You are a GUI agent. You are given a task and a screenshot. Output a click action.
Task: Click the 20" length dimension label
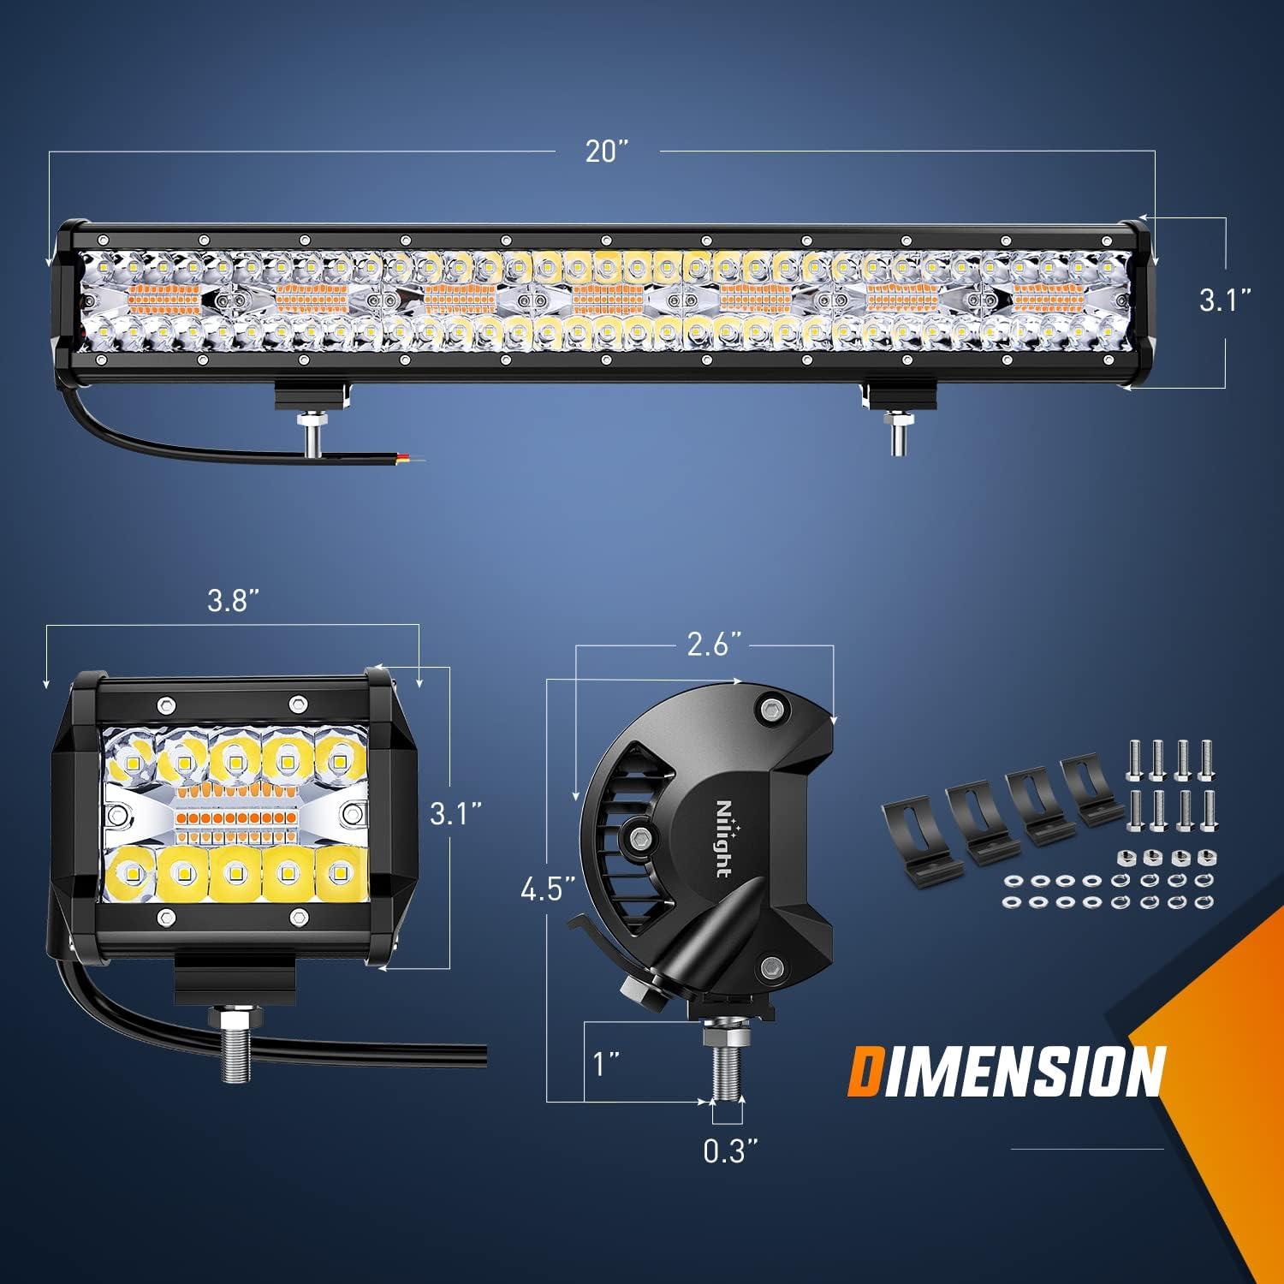[x=607, y=152]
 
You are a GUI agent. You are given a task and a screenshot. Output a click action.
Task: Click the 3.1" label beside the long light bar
[x=1225, y=300]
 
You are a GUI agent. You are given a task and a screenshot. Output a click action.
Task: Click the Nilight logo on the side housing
[x=723, y=839]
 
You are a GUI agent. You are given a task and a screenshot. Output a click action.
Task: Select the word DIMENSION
[x=1008, y=1070]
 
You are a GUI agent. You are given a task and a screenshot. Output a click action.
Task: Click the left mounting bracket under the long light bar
[x=312, y=395]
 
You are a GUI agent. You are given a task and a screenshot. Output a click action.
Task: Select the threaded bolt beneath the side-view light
[x=723, y=1066]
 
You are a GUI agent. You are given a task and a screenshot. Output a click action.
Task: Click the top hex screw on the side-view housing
[x=771, y=709]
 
